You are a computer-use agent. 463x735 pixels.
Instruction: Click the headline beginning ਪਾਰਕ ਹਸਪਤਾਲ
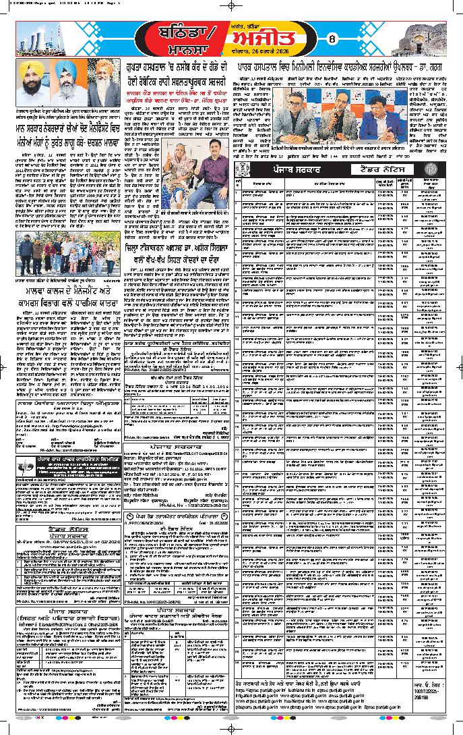344,69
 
